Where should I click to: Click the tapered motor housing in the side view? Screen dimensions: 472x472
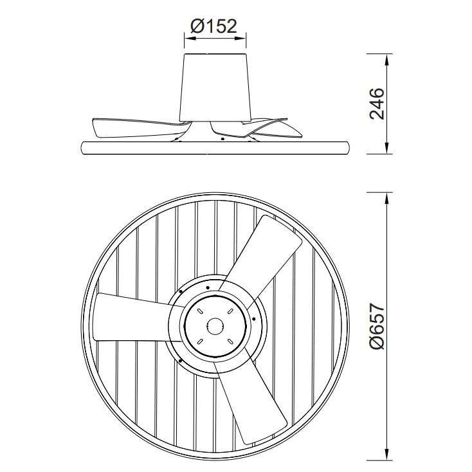(x=215, y=87)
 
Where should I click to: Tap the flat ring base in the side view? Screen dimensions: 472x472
(x=215, y=147)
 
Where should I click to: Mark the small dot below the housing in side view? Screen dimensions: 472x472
(x=222, y=138)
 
